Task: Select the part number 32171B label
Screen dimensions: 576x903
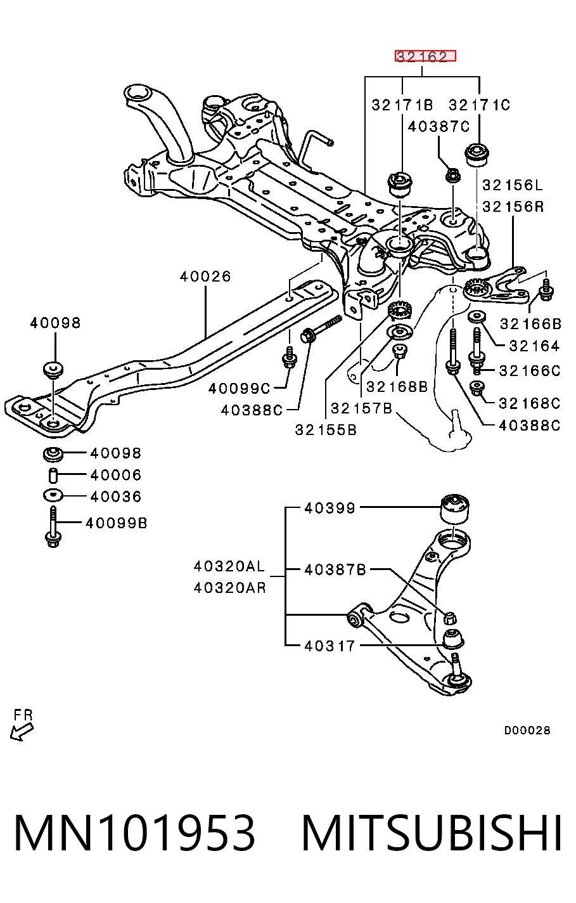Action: [x=402, y=105]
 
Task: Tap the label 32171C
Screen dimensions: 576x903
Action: [x=479, y=105]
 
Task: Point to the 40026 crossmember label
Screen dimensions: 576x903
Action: [x=205, y=276]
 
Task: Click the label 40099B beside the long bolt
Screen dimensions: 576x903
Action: [x=117, y=523]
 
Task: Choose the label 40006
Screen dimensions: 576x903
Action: [x=116, y=475]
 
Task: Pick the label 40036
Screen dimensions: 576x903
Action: [x=116, y=497]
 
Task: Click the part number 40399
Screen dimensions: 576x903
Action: [x=330, y=508]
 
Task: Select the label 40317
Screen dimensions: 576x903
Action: [x=330, y=646]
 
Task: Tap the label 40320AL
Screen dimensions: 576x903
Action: [x=229, y=566]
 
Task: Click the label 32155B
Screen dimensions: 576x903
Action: [x=326, y=430]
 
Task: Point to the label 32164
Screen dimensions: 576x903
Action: [x=534, y=346]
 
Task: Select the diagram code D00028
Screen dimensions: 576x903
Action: [x=527, y=730]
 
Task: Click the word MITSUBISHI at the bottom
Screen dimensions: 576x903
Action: [x=432, y=833]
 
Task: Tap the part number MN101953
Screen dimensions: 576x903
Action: [x=134, y=833]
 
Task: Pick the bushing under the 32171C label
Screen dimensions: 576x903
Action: [x=477, y=153]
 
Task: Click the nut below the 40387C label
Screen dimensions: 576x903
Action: [x=453, y=176]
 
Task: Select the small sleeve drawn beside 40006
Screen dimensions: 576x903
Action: [x=53, y=476]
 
